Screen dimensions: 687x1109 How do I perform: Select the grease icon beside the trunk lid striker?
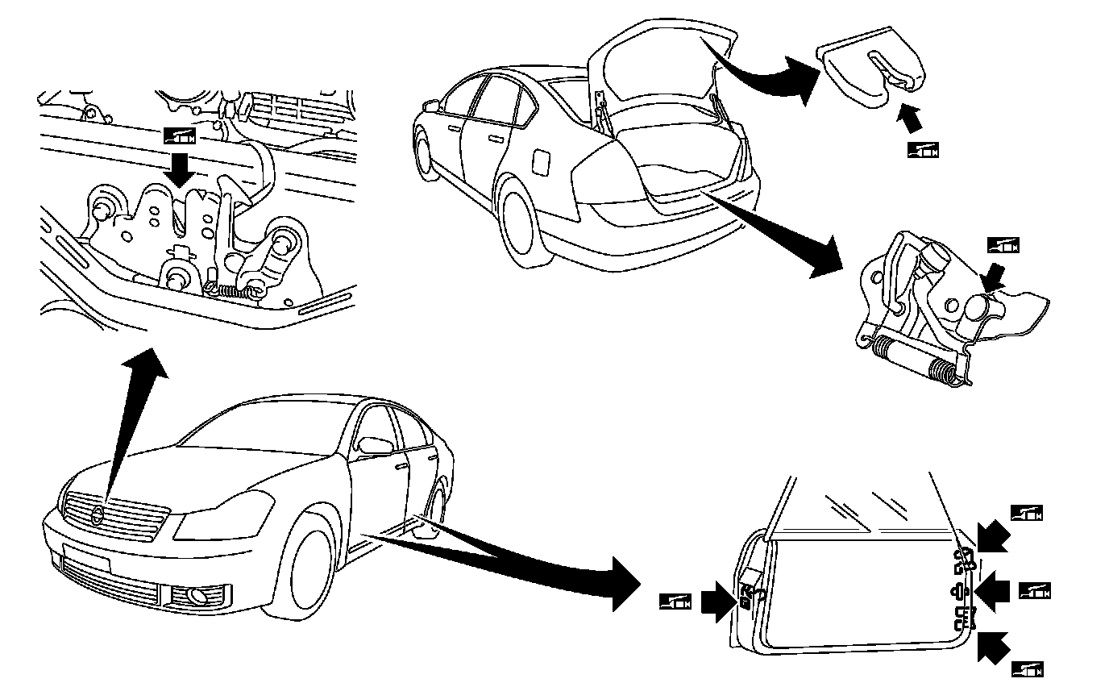(x=923, y=149)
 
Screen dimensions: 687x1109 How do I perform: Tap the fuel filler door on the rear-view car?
(x=541, y=161)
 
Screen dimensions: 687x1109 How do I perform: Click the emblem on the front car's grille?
(x=98, y=516)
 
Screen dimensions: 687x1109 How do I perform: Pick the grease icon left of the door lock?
(x=675, y=601)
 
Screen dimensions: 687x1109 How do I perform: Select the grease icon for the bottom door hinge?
(x=1027, y=668)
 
